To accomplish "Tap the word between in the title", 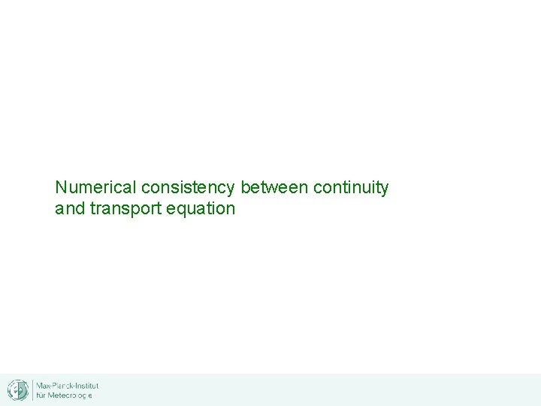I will pyautogui.click(x=274, y=187).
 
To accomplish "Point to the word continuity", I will pyautogui.click(x=351, y=187).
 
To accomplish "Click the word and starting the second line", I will pyautogui.click(x=70, y=208).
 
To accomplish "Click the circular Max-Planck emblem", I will pyautogui.click(x=17, y=389).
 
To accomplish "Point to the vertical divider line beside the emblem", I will pyautogui.click(x=32, y=389).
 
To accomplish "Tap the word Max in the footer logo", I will pyautogui.click(x=44, y=385).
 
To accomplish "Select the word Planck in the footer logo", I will pyautogui.click(x=62, y=385).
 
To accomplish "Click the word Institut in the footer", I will pyautogui.click(x=87, y=385).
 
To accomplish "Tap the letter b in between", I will pyautogui.click(x=245, y=187).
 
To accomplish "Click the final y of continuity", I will pyautogui.click(x=385, y=189).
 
